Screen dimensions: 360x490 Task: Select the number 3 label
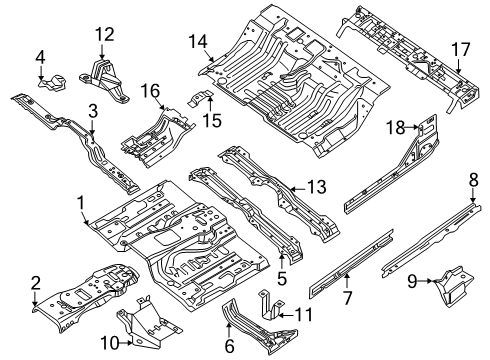[91, 110]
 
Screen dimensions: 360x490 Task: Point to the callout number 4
[40, 56]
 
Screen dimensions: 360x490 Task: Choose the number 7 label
[346, 299]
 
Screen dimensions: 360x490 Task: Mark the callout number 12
[105, 36]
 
